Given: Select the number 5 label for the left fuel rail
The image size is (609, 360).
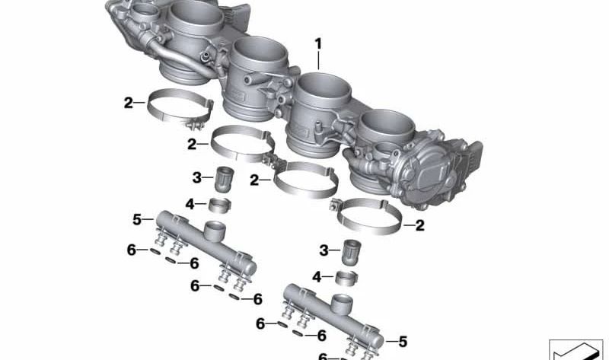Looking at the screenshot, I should [137, 220].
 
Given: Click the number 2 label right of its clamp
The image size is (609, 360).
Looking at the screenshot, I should [419, 225].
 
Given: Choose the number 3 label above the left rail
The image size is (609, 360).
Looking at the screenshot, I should [196, 177].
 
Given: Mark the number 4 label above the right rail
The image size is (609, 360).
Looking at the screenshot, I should [319, 276].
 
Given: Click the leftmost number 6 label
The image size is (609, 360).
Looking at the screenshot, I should [131, 249].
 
